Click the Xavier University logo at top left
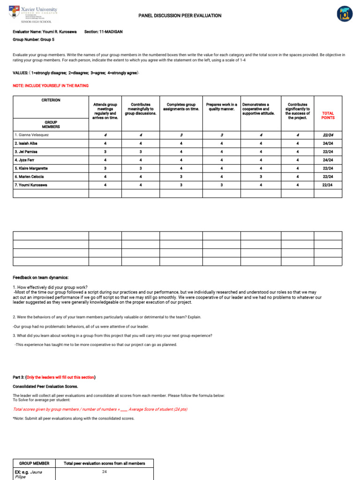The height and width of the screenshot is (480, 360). pyautogui.click(x=33, y=14)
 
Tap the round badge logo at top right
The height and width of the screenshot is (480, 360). pyautogui.click(x=345, y=14)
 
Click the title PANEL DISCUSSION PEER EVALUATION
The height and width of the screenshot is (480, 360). pyautogui.click(x=180, y=15)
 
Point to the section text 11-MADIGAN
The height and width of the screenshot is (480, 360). pyautogui.click(x=111, y=32)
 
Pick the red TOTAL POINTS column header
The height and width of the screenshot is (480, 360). pyautogui.click(x=328, y=115)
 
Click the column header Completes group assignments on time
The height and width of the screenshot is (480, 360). pyautogui.click(x=181, y=107)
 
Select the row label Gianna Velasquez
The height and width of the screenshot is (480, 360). pyautogui.click(x=33, y=135)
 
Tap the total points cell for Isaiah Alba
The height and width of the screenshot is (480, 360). pyautogui.click(x=328, y=143)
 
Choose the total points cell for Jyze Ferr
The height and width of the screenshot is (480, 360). pyautogui.click(x=328, y=160)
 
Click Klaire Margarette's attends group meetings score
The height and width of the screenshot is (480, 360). pyautogui.click(x=105, y=168)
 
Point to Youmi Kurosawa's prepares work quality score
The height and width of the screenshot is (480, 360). pyautogui.click(x=221, y=185)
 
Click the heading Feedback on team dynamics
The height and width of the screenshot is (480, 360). pyautogui.click(x=41, y=277)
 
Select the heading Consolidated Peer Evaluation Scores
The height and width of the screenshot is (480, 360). pyautogui.click(x=45, y=386)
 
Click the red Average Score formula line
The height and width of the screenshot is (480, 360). pyautogui.click(x=100, y=409)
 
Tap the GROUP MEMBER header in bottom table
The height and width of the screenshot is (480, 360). pyautogui.click(x=34, y=463)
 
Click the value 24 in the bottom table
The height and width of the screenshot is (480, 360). pyautogui.click(x=104, y=472)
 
